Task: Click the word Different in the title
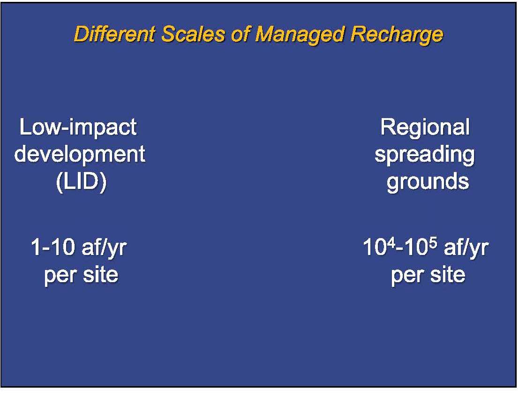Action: (x=114, y=34)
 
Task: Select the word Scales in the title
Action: (x=193, y=34)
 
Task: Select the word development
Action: (x=80, y=155)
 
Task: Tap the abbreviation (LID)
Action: (x=81, y=182)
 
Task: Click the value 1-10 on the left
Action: (x=53, y=247)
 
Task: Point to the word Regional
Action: (x=425, y=127)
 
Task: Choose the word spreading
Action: (x=425, y=155)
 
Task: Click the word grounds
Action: (x=428, y=182)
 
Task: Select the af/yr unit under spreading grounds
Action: (x=466, y=248)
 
